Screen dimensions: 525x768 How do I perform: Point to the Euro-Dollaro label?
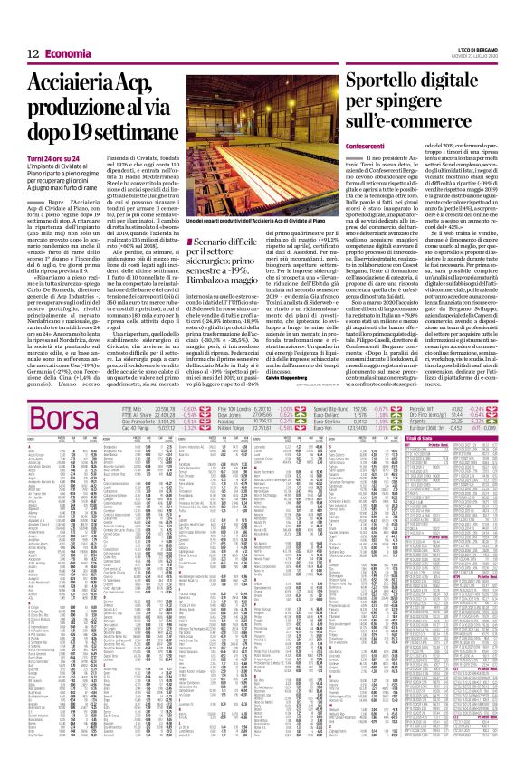tap(363, 441)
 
